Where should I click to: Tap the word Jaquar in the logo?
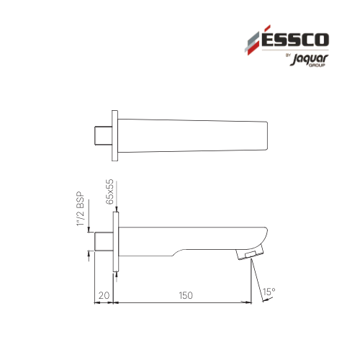[x=309, y=59]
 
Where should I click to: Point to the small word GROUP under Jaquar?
[x=317, y=66]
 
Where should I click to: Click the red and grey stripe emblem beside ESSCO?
[x=254, y=41]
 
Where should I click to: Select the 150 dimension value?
[x=186, y=295]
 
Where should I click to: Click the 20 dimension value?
[x=104, y=295]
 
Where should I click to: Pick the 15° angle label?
[x=269, y=292]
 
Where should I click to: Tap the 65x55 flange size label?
[x=109, y=192]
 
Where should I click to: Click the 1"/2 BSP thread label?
[x=81, y=209]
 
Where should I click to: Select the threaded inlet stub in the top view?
[x=103, y=135]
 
